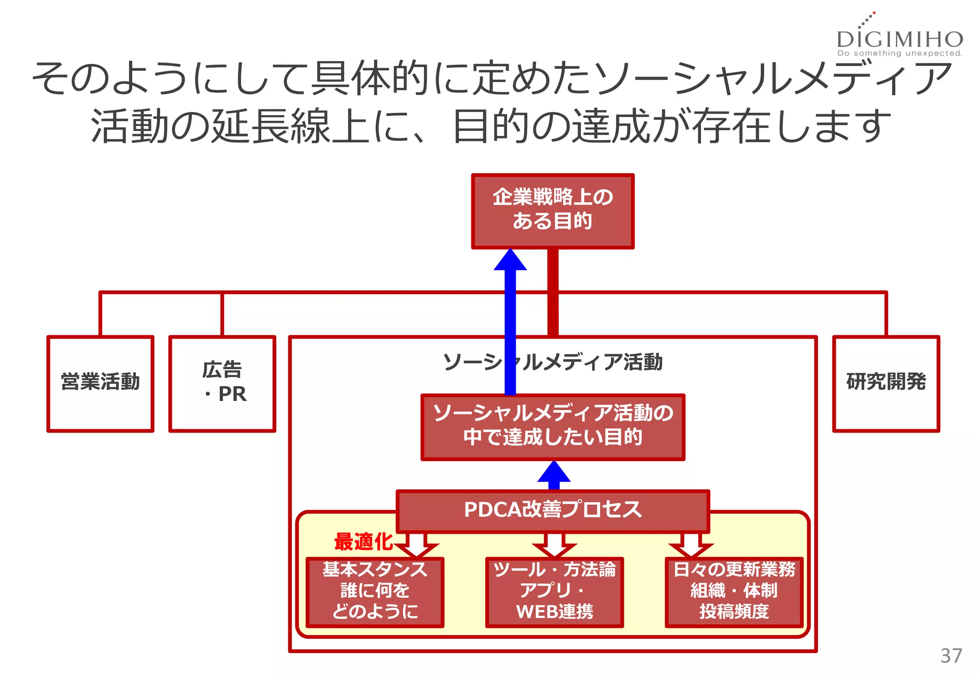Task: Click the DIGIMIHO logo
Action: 900,38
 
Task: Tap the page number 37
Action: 951,656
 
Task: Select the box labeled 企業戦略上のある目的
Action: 553,211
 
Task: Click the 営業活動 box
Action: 100,383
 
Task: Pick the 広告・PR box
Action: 222,383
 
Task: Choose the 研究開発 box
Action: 886,383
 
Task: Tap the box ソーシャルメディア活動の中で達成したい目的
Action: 553,426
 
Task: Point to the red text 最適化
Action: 363,542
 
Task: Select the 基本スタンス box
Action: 375,592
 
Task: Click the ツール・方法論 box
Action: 554,592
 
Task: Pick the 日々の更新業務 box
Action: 734,592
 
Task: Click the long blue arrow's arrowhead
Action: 510,261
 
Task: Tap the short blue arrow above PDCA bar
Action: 553,474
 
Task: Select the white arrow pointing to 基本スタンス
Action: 416,545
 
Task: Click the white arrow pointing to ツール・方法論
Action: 554,545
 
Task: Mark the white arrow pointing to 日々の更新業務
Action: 691,545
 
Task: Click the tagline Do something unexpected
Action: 900,53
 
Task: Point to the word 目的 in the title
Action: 491,126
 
